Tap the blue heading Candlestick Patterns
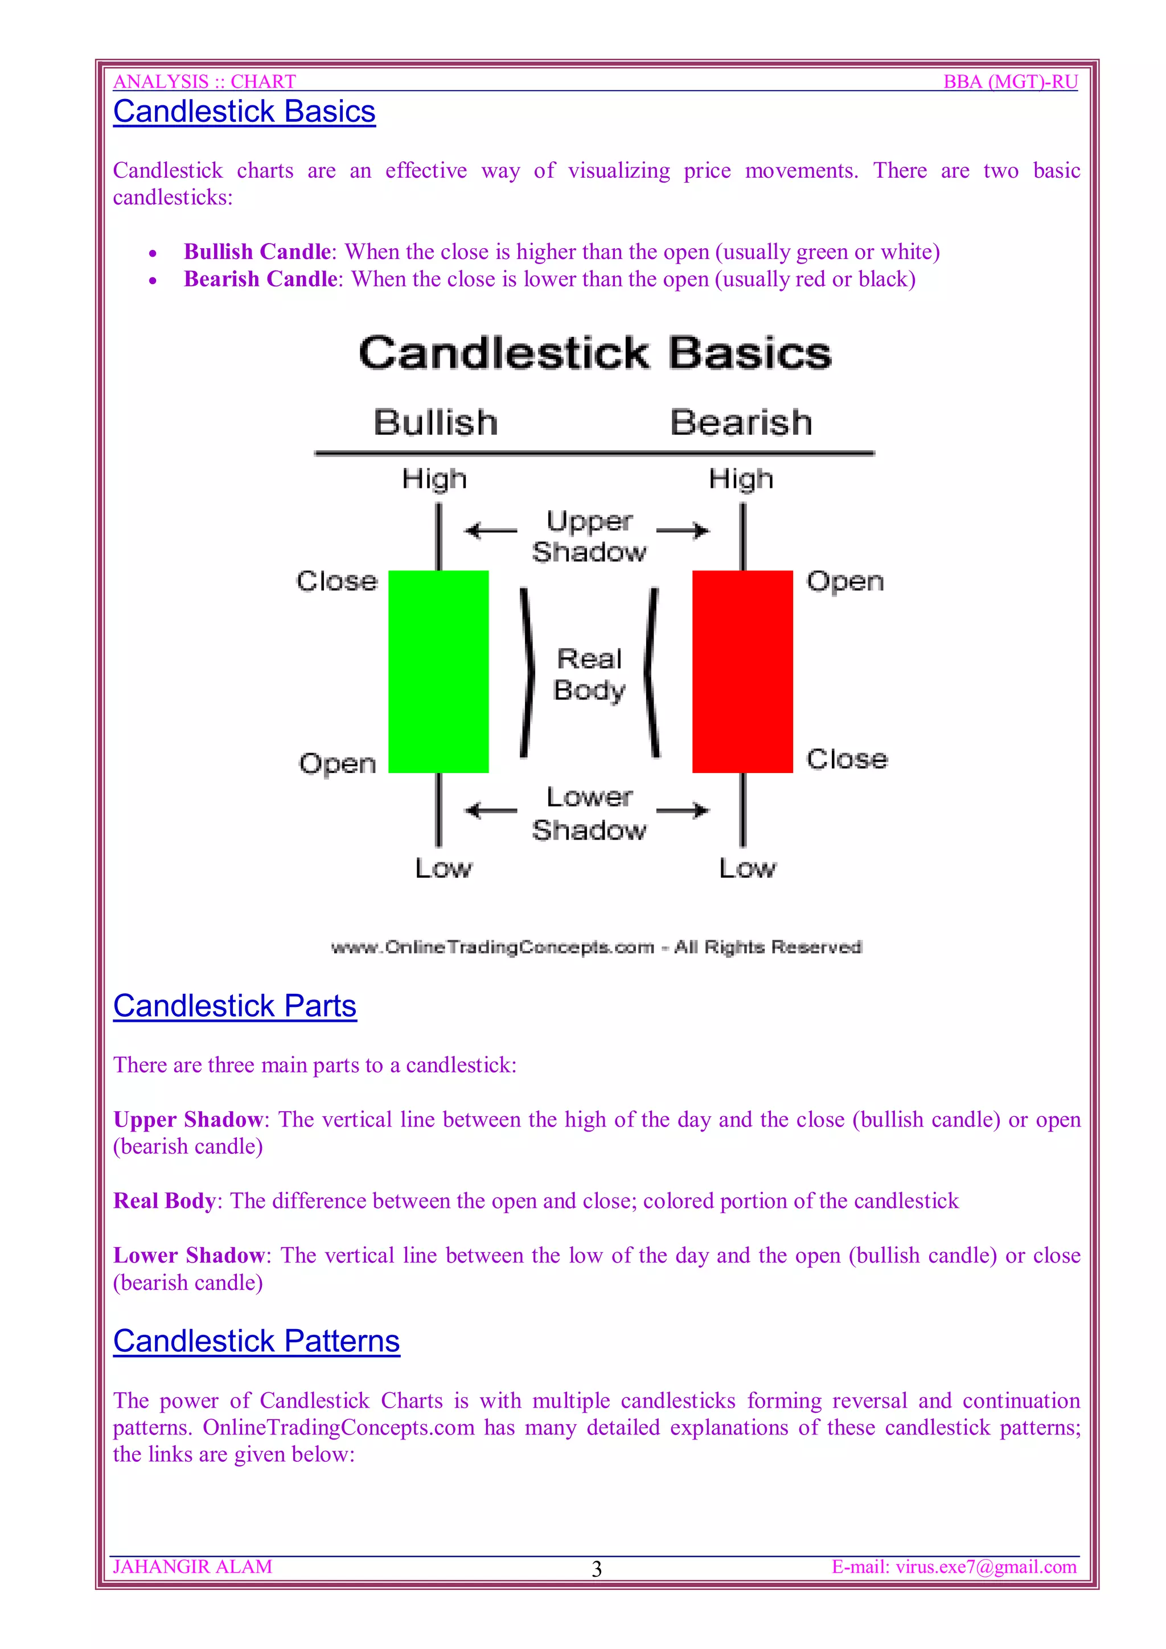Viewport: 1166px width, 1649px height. tap(256, 1341)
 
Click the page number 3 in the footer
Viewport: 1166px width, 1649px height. tap(596, 1569)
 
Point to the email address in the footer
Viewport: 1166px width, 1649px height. tap(954, 1566)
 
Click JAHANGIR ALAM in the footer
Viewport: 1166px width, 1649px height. tap(192, 1566)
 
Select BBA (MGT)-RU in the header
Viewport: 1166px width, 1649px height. tap(1010, 82)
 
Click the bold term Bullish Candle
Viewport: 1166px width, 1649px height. tap(257, 252)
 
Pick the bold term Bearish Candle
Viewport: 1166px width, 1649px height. tap(260, 279)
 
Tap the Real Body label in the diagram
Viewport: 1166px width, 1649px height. tap(589, 674)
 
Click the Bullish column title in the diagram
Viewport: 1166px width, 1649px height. tap(436, 422)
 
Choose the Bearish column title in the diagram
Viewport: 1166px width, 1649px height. tap(741, 422)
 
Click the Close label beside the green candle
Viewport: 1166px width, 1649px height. tap(336, 581)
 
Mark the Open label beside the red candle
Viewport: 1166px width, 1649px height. tap(845, 581)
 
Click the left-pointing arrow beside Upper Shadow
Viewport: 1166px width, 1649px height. tap(491, 531)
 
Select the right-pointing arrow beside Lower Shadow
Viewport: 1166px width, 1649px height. tap(683, 811)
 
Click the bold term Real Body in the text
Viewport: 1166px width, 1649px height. tap(165, 1201)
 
